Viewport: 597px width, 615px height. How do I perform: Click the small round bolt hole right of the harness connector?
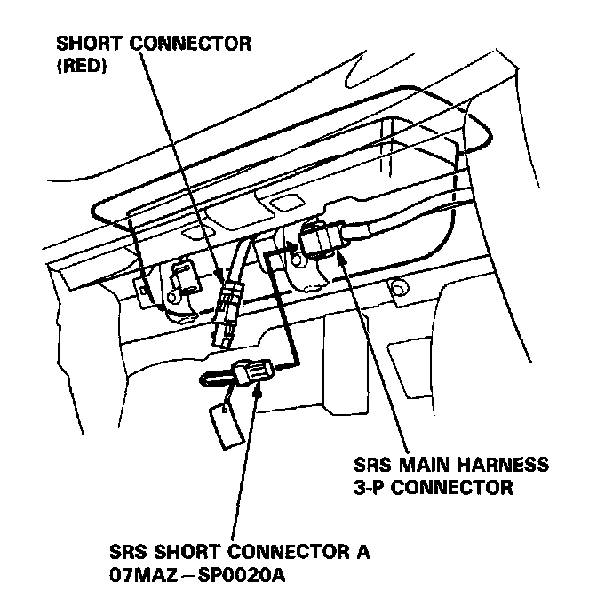[397, 286]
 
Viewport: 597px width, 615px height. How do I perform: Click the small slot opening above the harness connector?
[282, 206]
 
